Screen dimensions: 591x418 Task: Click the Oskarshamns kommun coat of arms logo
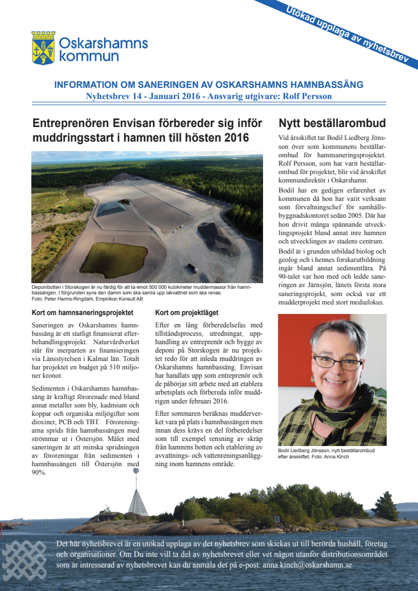point(43,49)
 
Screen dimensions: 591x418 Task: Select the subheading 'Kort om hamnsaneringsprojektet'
point(82,312)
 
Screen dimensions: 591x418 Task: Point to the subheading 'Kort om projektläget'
point(187,312)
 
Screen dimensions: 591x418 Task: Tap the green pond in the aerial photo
point(113,259)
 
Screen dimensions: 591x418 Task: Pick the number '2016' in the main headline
point(232,137)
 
